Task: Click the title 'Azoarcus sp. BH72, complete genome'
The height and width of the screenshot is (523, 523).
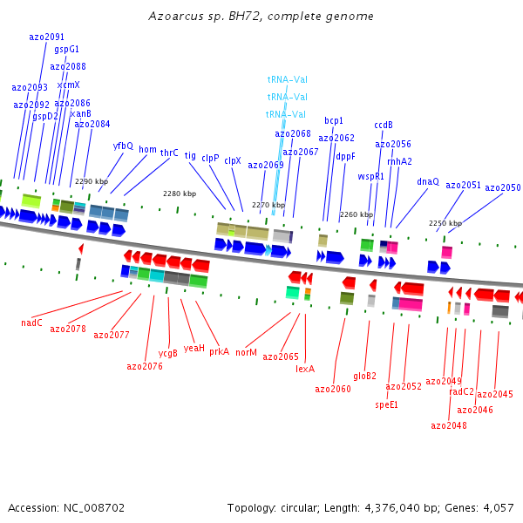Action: pyautogui.click(x=261, y=16)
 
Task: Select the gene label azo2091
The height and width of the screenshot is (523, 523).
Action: pyautogui.click(x=46, y=37)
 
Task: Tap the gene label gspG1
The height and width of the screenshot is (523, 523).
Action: pyautogui.click(x=66, y=50)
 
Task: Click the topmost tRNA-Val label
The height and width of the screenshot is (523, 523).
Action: pyautogui.click(x=287, y=79)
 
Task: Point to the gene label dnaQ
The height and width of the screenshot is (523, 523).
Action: pyautogui.click(x=427, y=181)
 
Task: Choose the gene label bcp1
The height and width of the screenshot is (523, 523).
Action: pyautogui.click(x=334, y=120)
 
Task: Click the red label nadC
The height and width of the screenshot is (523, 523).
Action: pyautogui.click(x=31, y=323)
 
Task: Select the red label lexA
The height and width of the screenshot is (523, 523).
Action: pyautogui.click(x=305, y=369)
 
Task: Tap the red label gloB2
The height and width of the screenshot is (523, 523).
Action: pyautogui.click(x=364, y=376)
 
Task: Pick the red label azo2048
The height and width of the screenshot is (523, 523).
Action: pyautogui.click(x=448, y=425)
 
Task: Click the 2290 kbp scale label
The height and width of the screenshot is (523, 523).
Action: pyautogui.click(x=91, y=182)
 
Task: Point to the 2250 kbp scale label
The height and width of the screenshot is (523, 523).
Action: pyautogui.click(x=445, y=224)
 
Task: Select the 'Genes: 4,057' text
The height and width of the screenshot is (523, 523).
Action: pyautogui.click(x=482, y=507)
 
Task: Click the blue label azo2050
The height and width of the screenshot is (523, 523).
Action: pyautogui.click(x=502, y=187)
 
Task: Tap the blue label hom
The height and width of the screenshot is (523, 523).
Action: pyautogui.click(x=147, y=150)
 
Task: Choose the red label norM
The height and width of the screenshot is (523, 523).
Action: pyautogui.click(x=246, y=352)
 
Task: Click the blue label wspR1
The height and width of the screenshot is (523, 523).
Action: pyautogui.click(x=370, y=176)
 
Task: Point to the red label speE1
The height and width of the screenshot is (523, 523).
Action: pyautogui.click(x=387, y=404)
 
